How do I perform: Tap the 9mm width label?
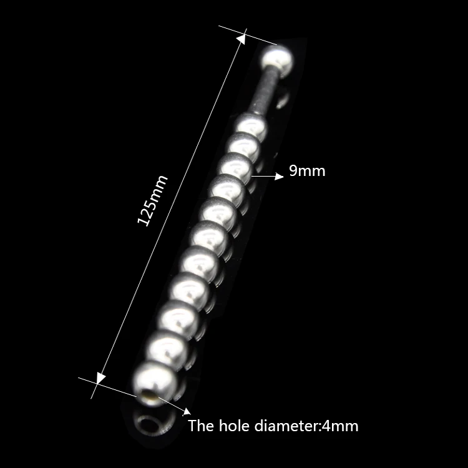pos(307,170)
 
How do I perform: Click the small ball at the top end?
pos(276,61)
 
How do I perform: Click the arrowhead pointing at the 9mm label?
pos(279,177)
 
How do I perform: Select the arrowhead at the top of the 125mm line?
pos(240,39)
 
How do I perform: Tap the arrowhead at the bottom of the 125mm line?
pos(100,378)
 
